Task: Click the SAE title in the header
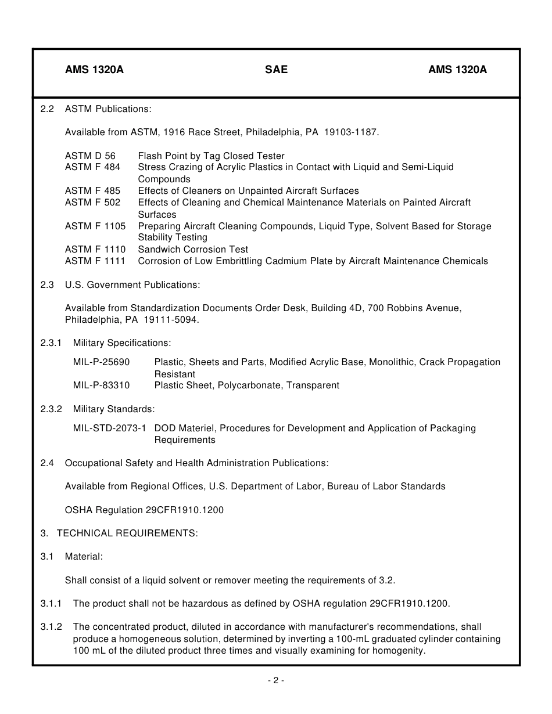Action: coord(276,70)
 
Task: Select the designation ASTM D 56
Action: coord(90,156)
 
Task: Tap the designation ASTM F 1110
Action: coord(95,249)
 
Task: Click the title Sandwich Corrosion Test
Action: coord(193,249)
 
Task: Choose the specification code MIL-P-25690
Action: coord(102,362)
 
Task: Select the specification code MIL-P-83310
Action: coord(102,385)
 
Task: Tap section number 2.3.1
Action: coord(51,343)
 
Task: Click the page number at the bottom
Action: coord(276,681)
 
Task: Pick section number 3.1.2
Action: coord(51,627)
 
